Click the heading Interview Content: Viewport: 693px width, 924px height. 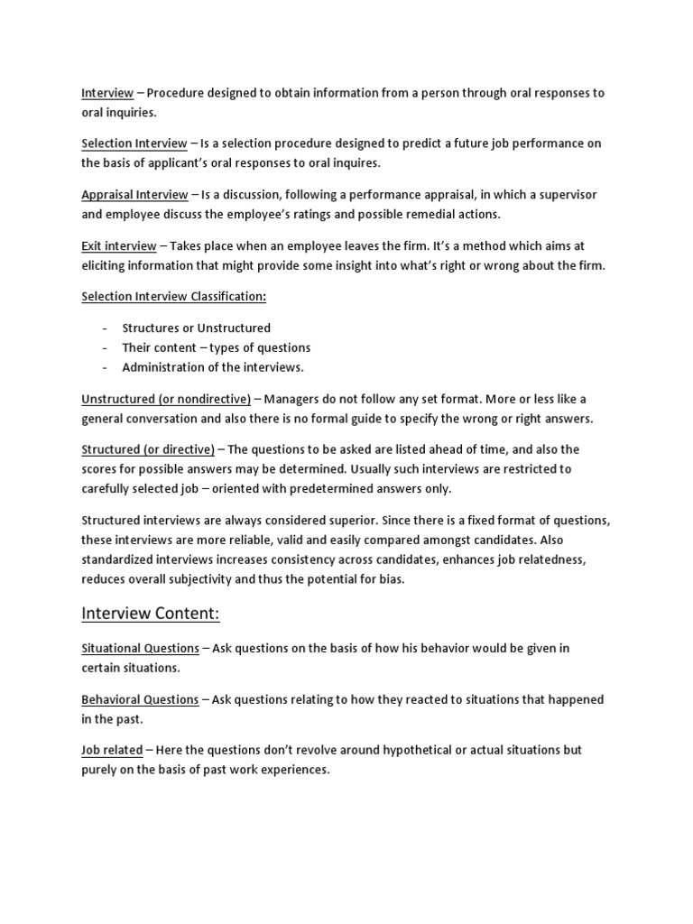(151, 614)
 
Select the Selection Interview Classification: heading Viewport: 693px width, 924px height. (174, 296)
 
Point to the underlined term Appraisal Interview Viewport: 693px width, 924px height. (134, 195)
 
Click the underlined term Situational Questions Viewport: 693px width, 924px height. (140, 648)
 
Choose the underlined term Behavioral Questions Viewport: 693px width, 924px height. (140, 699)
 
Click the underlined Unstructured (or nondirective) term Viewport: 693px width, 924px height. (166, 399)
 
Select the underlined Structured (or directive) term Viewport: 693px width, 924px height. (148, 449)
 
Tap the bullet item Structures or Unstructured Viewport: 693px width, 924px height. (197, 328)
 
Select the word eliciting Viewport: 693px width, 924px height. (105, 265)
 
